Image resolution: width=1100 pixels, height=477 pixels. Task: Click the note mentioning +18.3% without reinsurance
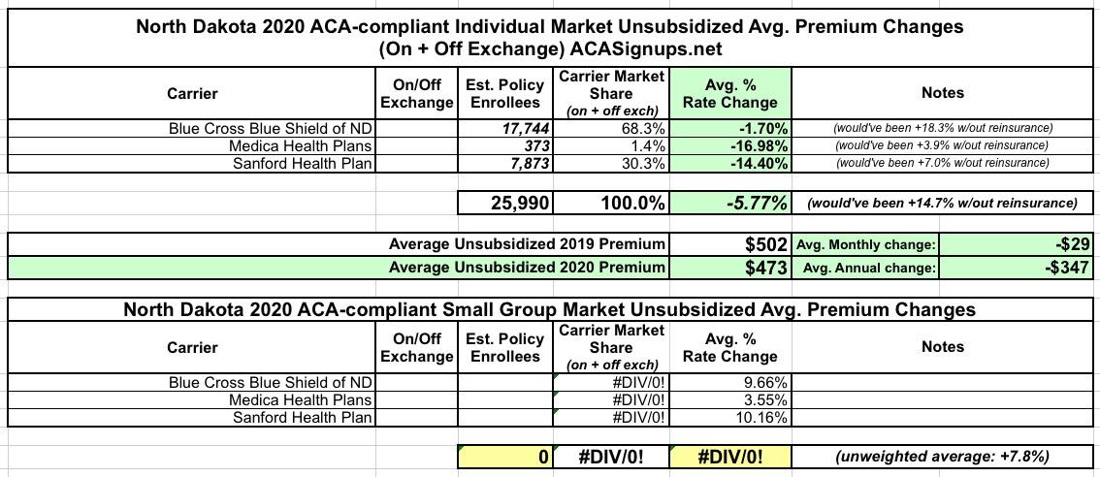[x=942, y=128]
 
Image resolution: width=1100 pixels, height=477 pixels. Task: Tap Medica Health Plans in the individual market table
[x=301, y=145]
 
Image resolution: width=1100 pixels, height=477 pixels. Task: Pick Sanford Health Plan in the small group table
[x=303, y=418]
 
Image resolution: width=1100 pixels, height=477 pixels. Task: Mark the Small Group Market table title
[x=549, y=310]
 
